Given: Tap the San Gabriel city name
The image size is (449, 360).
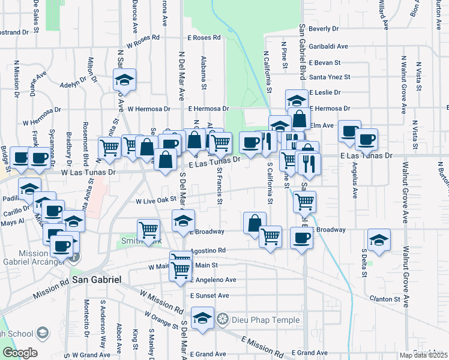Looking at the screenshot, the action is click(97, 280).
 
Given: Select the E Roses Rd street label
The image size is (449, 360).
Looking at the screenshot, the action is click(204, 37).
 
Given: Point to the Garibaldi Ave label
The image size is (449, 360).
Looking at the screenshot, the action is click(328, 46).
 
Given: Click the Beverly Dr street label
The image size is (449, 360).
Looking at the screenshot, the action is click(324, 28).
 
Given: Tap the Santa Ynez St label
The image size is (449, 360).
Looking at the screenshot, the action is click(330, 77).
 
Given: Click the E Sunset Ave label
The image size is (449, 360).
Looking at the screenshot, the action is click(209, 296).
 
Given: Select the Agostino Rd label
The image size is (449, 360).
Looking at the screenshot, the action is click(208, 250).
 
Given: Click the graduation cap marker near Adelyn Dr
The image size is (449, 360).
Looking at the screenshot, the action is click(124, 79).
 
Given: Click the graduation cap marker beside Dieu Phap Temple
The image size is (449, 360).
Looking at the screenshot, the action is click(203, 318).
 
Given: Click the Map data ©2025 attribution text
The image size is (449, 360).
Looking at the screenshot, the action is click(423, 355).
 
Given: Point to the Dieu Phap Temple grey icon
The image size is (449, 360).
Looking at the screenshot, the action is click(223, 320).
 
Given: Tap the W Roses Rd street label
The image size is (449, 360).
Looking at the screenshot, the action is click(143, 37).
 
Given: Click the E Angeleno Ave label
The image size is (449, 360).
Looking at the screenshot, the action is click(213, 280).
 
